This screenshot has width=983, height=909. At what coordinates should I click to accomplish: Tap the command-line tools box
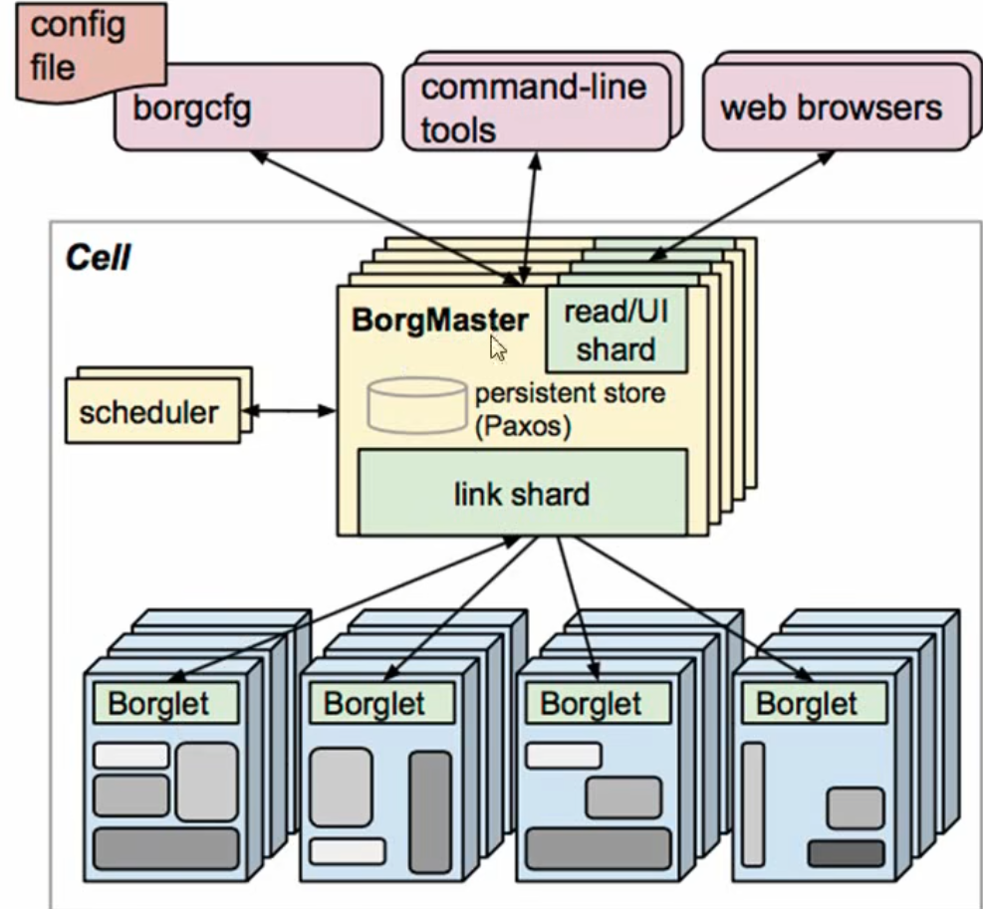533,108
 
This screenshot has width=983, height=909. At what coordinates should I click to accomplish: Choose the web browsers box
832,108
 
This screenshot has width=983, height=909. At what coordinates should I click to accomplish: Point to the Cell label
98,259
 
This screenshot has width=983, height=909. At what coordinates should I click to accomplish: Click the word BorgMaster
439,321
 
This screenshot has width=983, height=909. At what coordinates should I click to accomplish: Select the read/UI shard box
616,331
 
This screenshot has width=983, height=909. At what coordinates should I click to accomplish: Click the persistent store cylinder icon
416,403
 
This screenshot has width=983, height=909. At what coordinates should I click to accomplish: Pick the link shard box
522,493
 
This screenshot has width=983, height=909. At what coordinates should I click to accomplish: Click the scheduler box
149,411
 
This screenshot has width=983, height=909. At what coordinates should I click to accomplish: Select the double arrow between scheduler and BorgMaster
289,410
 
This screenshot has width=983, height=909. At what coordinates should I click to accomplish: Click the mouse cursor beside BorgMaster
498,347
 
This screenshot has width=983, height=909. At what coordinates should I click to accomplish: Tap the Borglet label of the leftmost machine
159,703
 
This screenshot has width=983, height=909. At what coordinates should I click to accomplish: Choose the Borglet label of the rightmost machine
808,703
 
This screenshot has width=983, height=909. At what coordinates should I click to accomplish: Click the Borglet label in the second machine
374,703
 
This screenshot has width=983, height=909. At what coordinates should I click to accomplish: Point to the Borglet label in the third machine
591,703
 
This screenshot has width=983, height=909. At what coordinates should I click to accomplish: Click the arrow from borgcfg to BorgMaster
378,210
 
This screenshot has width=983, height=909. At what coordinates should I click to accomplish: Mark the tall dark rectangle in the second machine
429,811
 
